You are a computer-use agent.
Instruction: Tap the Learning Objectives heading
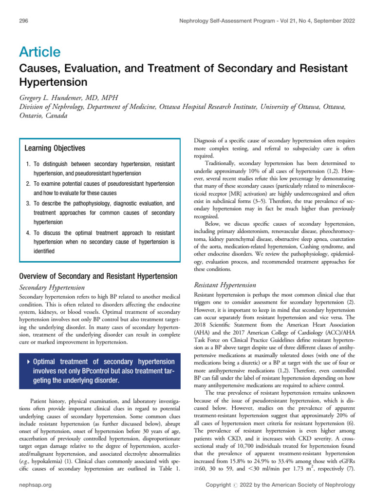55,148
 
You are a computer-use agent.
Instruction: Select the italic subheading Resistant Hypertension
225,285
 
